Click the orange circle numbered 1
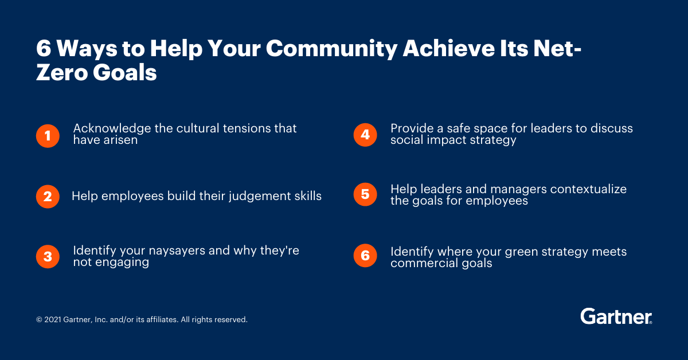click(x=48, y=136)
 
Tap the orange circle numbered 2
click(x=48, y=197)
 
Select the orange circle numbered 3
click(x=48, y=257)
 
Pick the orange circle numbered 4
click(x=365, y=135)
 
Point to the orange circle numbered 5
click(x=365, y=195)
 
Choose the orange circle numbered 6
click(x=365, y=255)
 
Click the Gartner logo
click(x=616, y=316)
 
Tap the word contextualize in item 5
click(x=582, y=189)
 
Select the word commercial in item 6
click(x=420, y=263)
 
